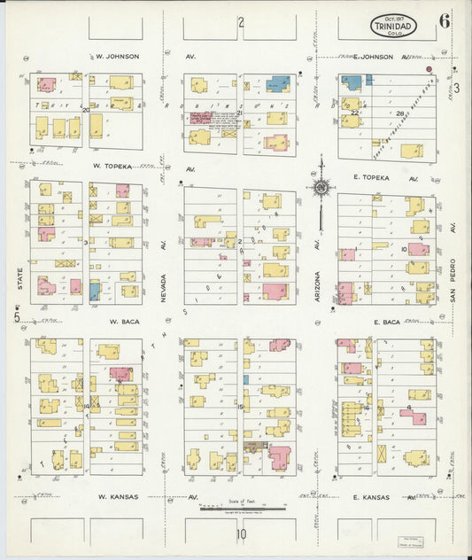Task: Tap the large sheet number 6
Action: point(444,21)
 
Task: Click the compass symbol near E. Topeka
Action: point(321,186)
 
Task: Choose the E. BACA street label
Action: point(387,323)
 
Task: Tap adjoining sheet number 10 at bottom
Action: point(240,534)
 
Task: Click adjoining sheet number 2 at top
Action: point(240,22)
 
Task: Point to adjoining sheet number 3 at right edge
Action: point(457,88)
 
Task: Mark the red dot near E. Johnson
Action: point(429,68)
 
